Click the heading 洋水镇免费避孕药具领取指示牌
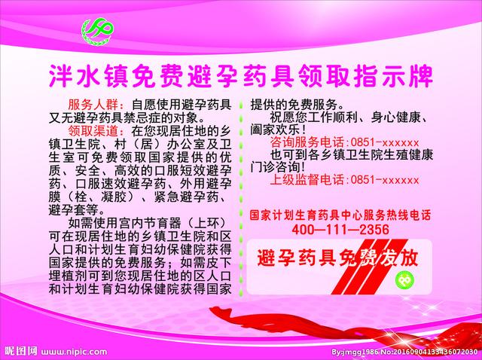coord(241,76)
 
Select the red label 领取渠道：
coord(92,130)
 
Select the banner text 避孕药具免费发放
coord(337,258)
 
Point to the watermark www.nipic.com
coord(75,350)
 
